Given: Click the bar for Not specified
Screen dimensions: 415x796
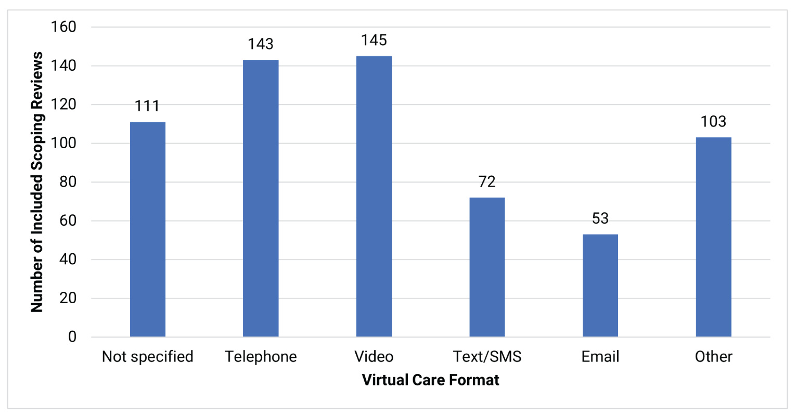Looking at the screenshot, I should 148,229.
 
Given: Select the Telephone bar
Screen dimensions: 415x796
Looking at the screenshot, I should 261,198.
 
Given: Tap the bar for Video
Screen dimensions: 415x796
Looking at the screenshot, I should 374,197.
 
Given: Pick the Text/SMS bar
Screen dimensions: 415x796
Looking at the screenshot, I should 487,267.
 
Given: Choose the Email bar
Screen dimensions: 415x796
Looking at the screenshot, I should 600,286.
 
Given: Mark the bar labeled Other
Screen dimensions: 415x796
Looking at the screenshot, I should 713,237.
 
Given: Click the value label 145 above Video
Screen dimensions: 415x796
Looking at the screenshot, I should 374,41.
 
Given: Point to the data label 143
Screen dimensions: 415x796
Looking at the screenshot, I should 261,44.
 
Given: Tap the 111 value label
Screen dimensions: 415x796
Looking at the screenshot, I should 147,106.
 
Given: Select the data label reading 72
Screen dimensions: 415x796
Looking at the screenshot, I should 487,182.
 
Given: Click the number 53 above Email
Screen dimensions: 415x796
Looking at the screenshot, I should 600,218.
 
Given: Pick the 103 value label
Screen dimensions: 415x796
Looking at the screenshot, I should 713,122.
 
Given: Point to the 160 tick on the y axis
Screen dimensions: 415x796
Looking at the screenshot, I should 63,27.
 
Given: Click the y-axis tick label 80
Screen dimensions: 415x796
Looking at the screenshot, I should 68,182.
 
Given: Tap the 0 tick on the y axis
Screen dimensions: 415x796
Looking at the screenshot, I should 72,337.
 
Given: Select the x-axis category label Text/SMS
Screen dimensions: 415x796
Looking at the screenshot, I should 487,357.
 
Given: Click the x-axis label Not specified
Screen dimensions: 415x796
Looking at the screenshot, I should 148,357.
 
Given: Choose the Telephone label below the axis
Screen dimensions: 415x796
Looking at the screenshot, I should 261,357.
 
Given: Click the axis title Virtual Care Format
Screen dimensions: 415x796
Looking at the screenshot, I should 430,380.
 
